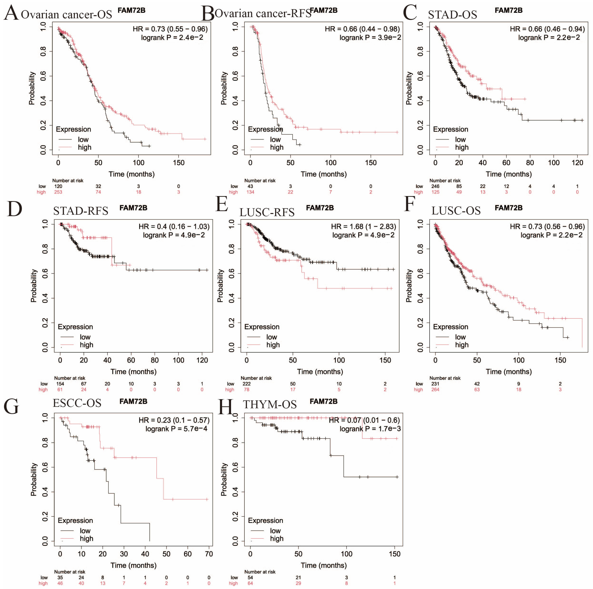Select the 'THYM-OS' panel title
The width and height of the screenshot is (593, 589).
click(x=270, y=404)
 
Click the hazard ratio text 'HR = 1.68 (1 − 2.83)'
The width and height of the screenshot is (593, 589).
click(x=363, y=226)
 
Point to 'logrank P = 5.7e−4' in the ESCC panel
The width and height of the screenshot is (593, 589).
click(x=176, y=429)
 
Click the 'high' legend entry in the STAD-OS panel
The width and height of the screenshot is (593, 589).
click(x=462, y=147)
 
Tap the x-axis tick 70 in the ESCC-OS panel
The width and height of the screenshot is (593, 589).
click(x=209, y=554)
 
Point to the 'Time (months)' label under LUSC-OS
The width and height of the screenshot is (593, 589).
click(x=509, y=372)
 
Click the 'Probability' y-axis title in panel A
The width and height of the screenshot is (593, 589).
click(x=32, y=88)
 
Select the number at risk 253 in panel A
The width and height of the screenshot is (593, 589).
click(x=58, y=192)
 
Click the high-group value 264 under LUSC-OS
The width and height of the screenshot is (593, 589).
click(x=435, y=390)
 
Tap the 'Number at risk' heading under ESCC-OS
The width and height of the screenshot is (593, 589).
click(x=70, y=572)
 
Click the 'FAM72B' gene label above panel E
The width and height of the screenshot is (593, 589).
click(x=320, y=208)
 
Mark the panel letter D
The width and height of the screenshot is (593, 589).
click(x=14, y=209)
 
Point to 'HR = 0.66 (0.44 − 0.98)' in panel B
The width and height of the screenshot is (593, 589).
click(x=362, y=29)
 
